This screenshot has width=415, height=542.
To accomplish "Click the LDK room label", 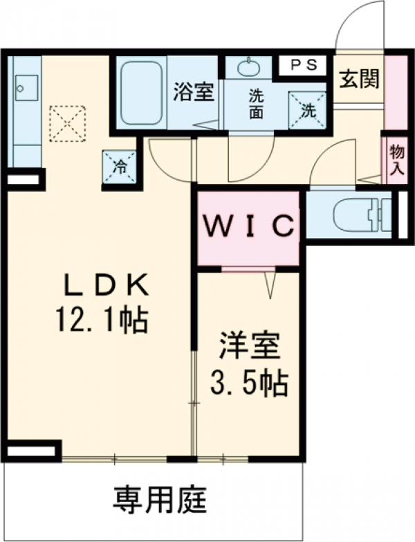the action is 107,284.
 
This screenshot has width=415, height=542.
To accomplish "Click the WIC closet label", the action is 248,226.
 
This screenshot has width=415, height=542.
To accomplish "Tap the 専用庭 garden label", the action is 160,500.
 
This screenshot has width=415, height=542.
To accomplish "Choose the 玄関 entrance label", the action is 359,79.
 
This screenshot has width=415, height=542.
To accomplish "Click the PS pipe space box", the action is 303,64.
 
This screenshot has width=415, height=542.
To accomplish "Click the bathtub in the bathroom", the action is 142,93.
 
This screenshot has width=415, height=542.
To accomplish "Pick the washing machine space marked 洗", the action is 307,109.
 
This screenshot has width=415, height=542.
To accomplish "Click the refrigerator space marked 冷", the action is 119,166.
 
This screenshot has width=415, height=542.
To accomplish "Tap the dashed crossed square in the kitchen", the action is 67,123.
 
